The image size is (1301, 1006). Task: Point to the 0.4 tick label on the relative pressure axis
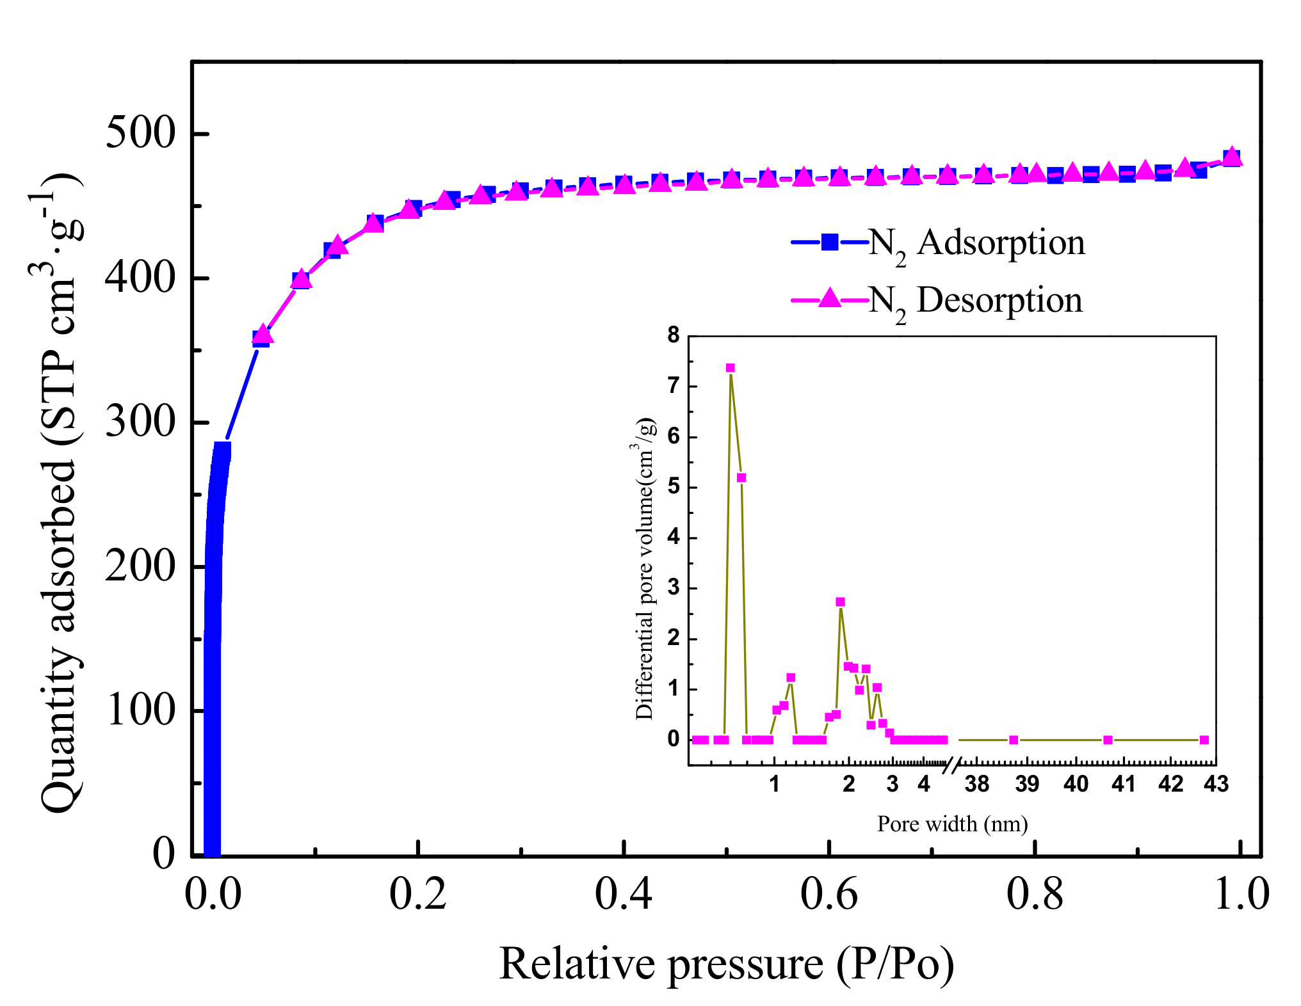pyautogui.click(x=623, y=893)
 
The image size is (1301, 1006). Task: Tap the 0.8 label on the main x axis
pyautogui.click(x=1035, y=893)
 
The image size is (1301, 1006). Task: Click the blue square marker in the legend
pyautogui.click(x=830, y=242)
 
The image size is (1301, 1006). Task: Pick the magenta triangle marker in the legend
pyautogui.click(x=830, y=298)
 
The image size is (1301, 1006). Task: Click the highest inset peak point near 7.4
pyautogui.click(x=730, y=368)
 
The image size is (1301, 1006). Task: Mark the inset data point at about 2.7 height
pyautogui.click(x=840, y=602)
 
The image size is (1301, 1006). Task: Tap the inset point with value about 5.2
pyautogui.click(x=741, y=478)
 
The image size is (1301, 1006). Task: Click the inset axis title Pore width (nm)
pyautogui.click(x=952, y=824)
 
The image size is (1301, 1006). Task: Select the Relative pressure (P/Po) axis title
pyautogui.click(x=726, y=964)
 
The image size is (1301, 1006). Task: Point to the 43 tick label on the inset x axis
pyautogui.click(x=1216, y=784)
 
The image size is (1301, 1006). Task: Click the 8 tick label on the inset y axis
pyautogui.click(x=673, y=335)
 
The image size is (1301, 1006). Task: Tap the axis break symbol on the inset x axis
pyautogui.click(x=953, y=764)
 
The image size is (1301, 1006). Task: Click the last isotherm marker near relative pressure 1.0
pyautogui.click(x=1232, y=157)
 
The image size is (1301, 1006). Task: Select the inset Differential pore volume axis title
pyautogui.click(x=645, y=570)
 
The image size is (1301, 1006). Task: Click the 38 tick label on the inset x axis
pyautogui.click(x=977, y=784)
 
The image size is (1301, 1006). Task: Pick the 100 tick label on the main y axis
pyautogui.click(x=139, y=710)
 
